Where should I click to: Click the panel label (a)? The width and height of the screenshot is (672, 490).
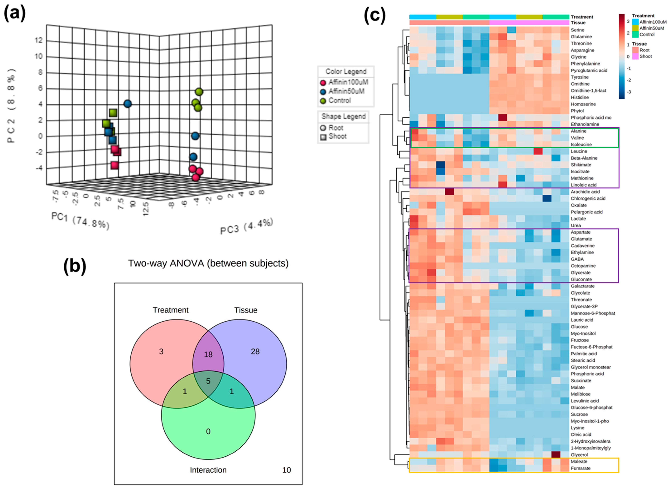click(x=15, y=13)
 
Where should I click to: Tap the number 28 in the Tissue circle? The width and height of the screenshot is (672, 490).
click(x=255, y=352)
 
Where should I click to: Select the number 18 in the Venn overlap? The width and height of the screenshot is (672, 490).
click(x=208, y=354)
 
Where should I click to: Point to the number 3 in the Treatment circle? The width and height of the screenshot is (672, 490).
click(x=161, y=352)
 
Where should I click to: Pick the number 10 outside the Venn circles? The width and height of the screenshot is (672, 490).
click(x=286, y=470)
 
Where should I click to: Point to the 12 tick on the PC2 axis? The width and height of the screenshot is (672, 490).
click(x=38, y=40)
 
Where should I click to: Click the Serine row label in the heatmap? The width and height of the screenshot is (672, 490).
click(x=577, y=30)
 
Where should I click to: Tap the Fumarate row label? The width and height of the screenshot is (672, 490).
click(x=580, y=468)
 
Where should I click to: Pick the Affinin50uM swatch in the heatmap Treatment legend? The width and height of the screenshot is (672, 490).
click(x=635, y=28)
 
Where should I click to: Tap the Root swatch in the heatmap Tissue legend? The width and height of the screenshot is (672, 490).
click(x=635, y=50)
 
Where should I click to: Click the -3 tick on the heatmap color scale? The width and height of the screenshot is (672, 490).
click(x=628, y=92)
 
